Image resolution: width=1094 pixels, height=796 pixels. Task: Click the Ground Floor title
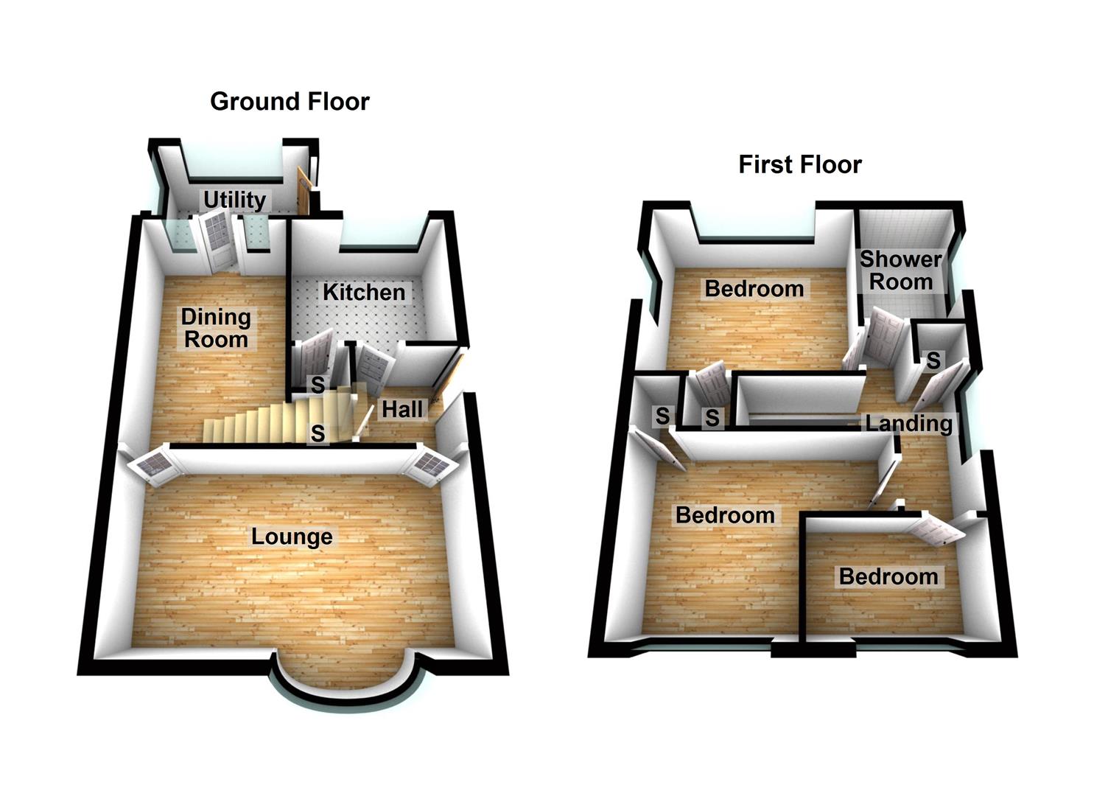[290, 102]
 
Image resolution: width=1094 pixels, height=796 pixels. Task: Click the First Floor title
[799, 164]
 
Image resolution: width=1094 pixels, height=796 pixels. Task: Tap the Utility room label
[234, 200]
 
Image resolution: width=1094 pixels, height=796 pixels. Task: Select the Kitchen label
[364, 293]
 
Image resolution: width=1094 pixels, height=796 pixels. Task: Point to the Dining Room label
[216, 329]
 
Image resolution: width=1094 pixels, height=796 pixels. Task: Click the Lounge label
[292, 537]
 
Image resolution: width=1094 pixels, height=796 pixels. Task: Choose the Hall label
[402, 410]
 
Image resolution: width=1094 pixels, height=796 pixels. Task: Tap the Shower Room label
[900, 270]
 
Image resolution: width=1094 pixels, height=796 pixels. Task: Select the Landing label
[908, 424]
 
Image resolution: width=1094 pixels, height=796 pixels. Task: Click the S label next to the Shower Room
[933, 360]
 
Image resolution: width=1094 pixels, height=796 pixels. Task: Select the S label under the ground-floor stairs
[318, 433]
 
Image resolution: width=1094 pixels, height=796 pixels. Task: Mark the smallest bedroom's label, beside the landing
[888, 576]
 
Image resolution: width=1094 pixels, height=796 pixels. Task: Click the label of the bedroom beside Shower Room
[754, 289]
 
